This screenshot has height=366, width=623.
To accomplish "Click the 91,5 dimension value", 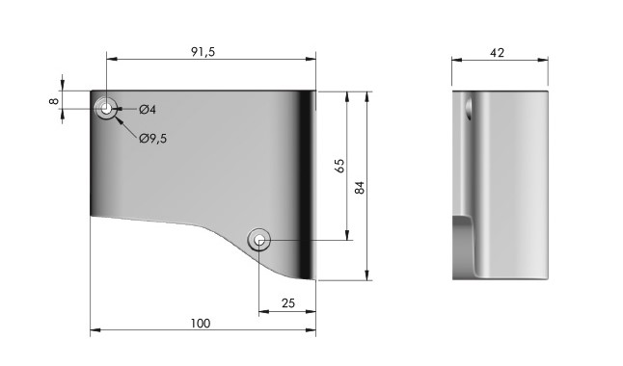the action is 203,52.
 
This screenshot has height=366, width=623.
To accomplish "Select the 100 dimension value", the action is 201,324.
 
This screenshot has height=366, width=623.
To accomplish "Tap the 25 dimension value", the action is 288,303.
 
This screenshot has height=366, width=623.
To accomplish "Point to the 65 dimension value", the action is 339,166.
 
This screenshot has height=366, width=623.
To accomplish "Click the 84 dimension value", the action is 359,188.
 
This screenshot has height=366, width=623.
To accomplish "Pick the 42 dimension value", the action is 497,53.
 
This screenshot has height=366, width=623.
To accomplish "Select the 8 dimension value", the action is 54,101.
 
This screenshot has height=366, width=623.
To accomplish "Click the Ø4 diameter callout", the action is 148,109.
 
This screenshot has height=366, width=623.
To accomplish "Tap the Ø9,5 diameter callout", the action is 153,139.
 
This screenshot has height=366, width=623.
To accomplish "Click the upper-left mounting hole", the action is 106,108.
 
